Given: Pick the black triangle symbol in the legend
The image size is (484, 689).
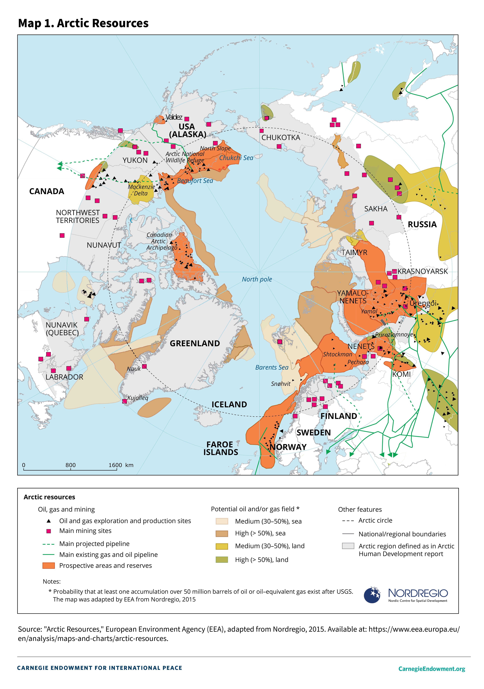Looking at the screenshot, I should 49,521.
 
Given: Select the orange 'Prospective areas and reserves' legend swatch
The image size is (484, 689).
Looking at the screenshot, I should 49,565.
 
